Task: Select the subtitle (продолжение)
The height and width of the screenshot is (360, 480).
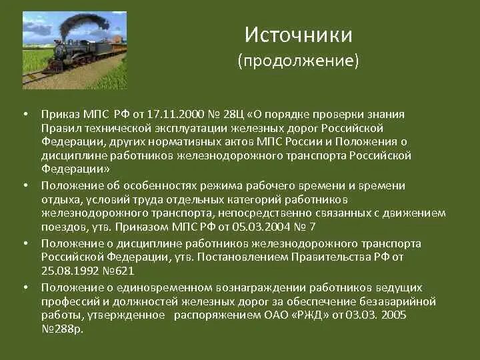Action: pos(298,61)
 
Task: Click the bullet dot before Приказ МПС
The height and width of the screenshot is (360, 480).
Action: pos(25,115)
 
